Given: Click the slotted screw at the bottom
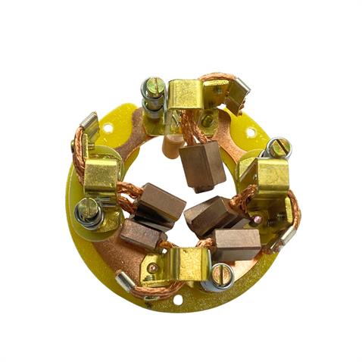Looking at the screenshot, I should click(x=220, y=273).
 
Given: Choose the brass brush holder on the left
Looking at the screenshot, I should click(x=100, y=176).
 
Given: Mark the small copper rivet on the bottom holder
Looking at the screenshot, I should click(x=152, y=267).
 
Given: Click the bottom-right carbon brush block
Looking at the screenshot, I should click(x=236, y=244).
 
